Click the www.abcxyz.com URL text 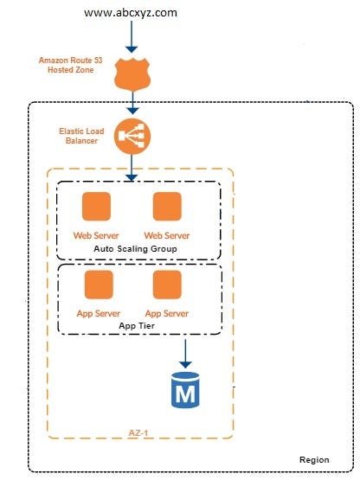pos(131,12)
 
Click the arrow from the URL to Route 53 pos(131,37)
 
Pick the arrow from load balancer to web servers pos(131,166)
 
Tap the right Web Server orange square pos(166,207)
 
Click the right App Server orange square pos(166,285)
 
